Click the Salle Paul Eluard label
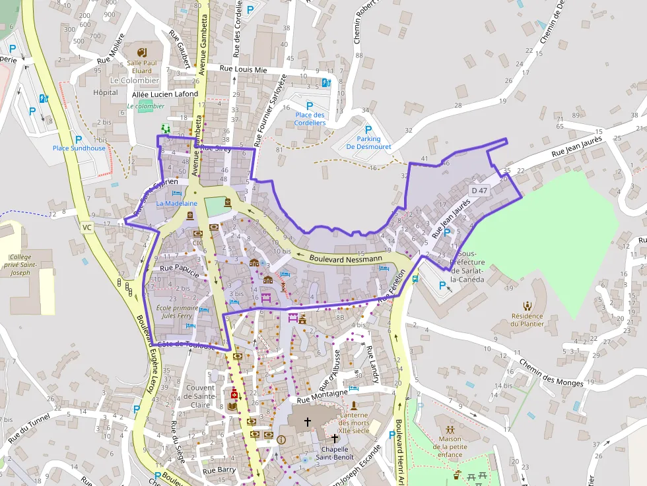(x=139, y=67)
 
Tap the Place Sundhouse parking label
(x=79, y=148)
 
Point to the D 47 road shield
(x=479, y=191)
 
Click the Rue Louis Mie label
(x=243, y=68)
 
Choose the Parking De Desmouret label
(x=368, y=143)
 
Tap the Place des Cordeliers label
(x=310, y=119)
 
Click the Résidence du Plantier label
(x=528, y=320)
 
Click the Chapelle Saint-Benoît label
(x=334, y=453)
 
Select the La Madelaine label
(x=176, y=204)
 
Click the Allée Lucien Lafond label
(x=165, y=94)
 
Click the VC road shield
(x=86, y=228)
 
